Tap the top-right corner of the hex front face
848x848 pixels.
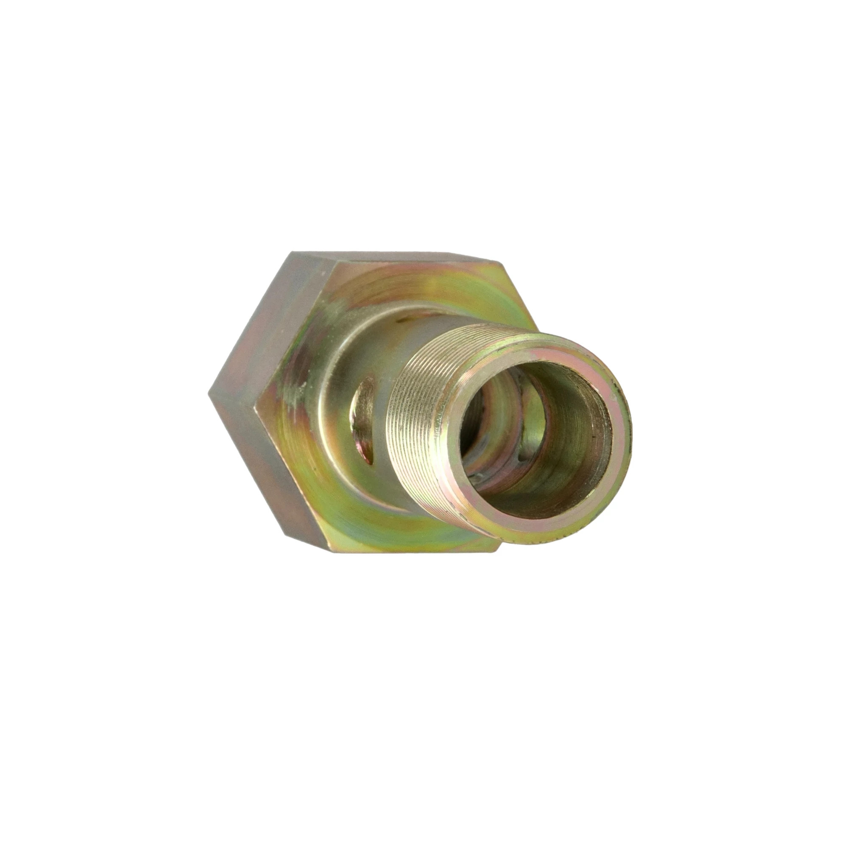pyautogui.click(x=501, y=264)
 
